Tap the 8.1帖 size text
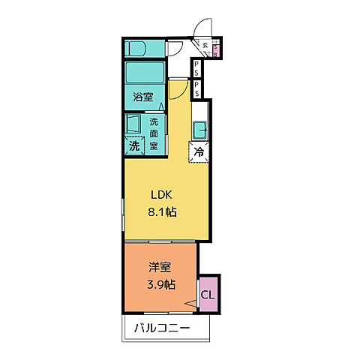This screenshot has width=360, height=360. point(161,212)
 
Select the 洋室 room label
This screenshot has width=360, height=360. point(158,268)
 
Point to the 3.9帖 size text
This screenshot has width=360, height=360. point(159,285)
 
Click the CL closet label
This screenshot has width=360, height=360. point(208,294)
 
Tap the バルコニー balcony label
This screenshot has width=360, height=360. point(163,328)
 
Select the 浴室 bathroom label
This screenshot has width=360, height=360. point(143,97)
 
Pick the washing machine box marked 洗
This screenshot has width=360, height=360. point(134,145)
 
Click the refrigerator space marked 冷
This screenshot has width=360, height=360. point(199,151)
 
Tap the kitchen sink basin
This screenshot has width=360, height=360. point(201,130)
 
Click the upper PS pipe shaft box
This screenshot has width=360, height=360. point(196,69)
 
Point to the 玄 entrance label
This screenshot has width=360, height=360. point(205,45)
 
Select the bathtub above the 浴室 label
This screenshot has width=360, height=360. point(145,73)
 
